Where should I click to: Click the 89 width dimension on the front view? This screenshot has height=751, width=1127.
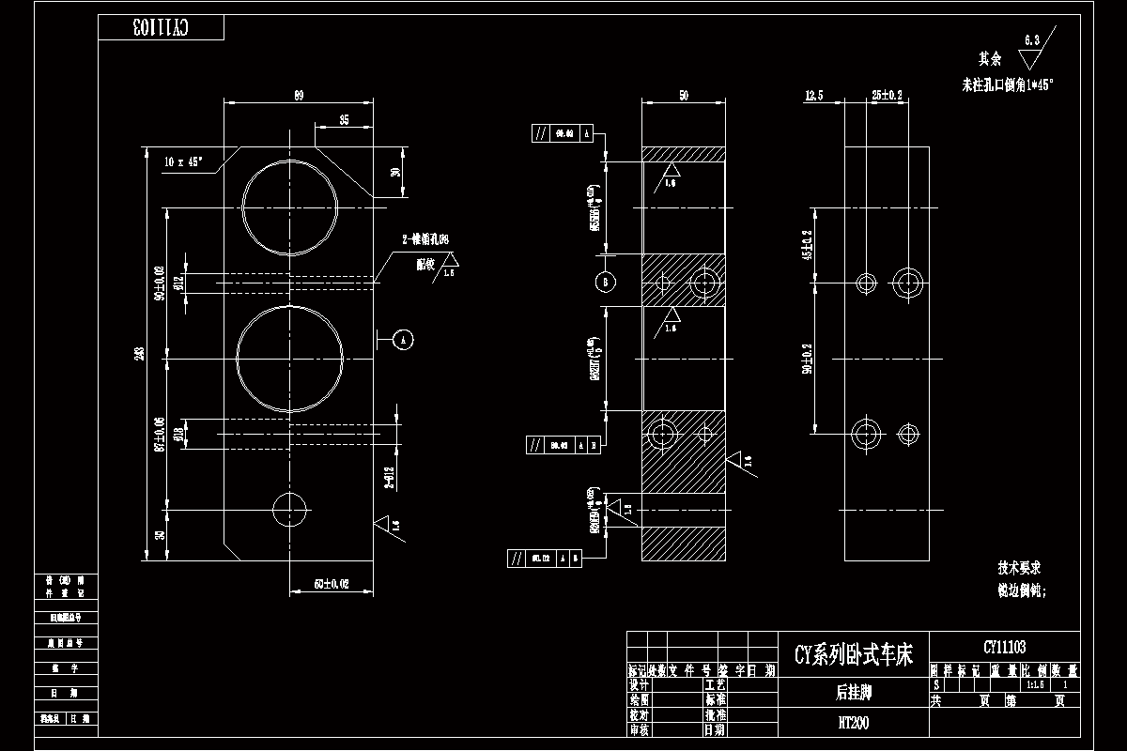pyautogui.click(x=299, y=95)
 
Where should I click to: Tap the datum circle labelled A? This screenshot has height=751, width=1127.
pyautogui.click(x=403, y=339)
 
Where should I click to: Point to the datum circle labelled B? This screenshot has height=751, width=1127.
pyautogui.click(x=606, y=282)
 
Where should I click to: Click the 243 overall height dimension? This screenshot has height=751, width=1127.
pyautogui.click(x=139, y=354)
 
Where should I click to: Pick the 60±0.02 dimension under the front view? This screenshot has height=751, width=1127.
pyautogui.click(x=331, y=584)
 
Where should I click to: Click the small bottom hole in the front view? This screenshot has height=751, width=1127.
pyautogui.click(x=290, y=509)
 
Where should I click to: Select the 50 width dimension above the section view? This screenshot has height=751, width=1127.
pyautogui.click(x=683, y=95)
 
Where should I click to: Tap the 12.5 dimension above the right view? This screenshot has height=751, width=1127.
pyautogui.click(x=814, y=95)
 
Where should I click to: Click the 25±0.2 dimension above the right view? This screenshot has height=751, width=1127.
pyautogui.click(x=887, y=95)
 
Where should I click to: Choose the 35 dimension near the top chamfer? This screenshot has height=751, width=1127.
pyautogui.click(x=344, y=120)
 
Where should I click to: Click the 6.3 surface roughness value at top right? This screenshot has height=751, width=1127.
pyautogui.click(x=1031, y=39)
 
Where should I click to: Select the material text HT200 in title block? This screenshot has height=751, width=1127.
pyautogui.click(x=853, y=723)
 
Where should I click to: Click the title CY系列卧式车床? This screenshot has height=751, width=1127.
pyautogui.click(x=853, y=654)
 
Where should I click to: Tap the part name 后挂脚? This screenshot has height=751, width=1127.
pyautogui.click(x=853, y=693)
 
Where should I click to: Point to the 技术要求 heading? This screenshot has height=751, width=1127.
pyautogui.click(x=1019, y=568)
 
